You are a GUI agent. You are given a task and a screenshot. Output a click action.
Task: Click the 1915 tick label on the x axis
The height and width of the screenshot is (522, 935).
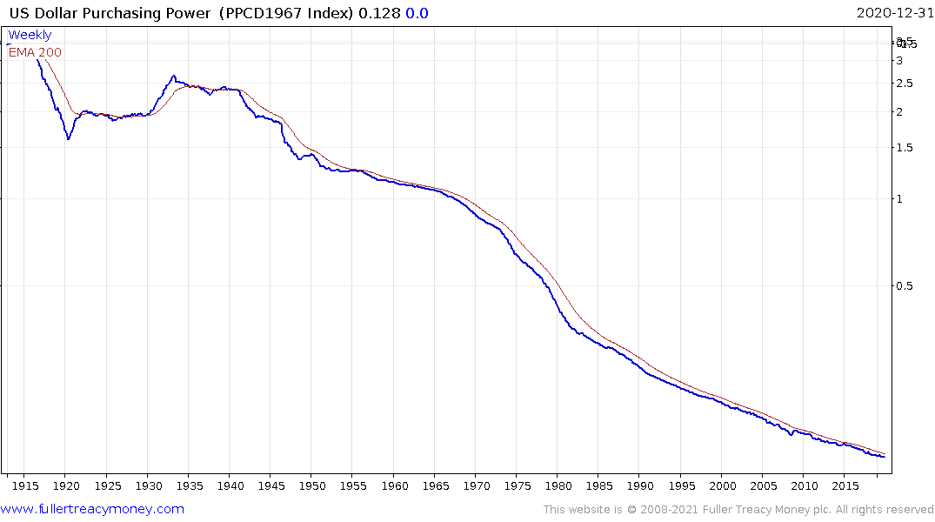click(x=24, y=485)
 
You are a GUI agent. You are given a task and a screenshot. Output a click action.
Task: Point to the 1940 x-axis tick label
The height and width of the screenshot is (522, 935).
click(x=230, y=485)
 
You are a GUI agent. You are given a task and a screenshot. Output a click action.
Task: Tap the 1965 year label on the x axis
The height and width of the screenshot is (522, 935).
click(x=435, y=485)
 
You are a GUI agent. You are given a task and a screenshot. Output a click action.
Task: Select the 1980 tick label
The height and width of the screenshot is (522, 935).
click(x=558, y=485)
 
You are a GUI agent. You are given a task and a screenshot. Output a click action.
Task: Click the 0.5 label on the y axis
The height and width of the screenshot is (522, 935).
click(x=905, y=286)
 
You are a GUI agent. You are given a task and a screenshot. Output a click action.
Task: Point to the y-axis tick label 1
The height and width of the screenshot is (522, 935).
click(x=899, y=199)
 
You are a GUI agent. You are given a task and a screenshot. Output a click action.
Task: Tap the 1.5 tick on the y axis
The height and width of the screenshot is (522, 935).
click(x=905, y=148)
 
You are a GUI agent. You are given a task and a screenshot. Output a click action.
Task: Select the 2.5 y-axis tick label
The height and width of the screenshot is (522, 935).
click(x=905, y=84)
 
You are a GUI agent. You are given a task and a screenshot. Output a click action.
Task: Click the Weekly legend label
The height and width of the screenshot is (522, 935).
click(x=30, y=36)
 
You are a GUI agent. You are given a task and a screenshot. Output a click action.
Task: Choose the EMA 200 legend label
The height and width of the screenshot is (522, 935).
click(x=35, y=52)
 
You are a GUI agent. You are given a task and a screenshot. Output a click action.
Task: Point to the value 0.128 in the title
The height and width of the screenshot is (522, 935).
click(x=381, y=13)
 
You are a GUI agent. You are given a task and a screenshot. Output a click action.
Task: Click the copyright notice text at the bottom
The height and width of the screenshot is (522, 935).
click(x=738, y=510)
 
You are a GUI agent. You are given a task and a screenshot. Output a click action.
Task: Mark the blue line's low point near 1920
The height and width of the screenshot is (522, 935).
click(x=69, y=139)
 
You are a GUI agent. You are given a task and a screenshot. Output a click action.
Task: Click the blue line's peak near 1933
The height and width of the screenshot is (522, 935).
click(x=174, y=76)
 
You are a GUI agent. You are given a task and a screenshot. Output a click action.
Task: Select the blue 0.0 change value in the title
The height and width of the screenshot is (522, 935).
click(x=417, y=13)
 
